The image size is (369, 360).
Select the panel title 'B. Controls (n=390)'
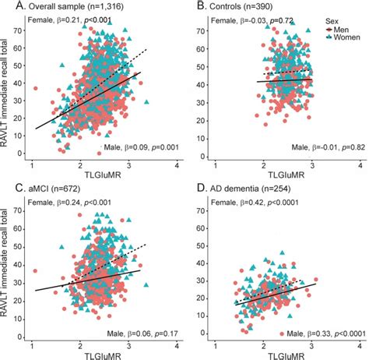pos(245,5)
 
